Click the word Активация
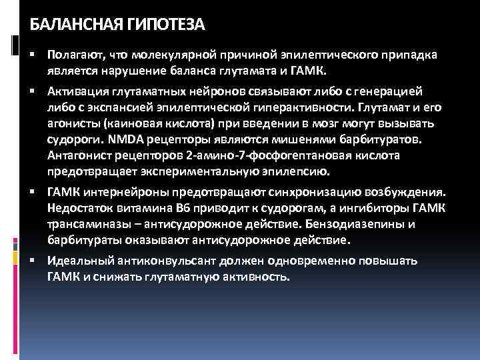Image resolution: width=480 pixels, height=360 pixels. [74, 91]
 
